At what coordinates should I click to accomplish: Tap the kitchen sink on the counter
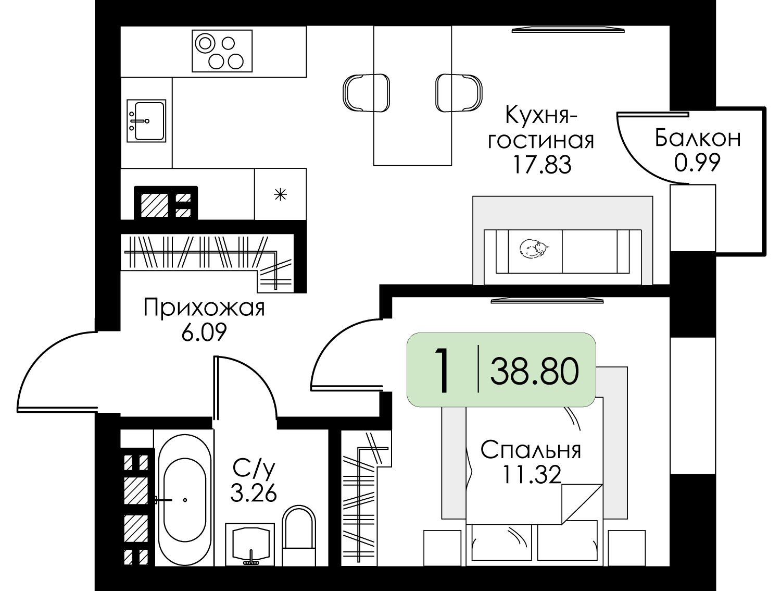(x=146, y=121)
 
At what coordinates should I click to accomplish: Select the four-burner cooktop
(x=222, y=51)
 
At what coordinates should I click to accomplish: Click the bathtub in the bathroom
(x=185, y=499)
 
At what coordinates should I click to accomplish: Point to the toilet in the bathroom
(x=299, y=535)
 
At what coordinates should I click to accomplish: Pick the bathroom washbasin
(x=250, y=544)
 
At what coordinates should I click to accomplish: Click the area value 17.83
(x=542, y=165)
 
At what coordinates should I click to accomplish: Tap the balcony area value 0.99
(x=697, y=163)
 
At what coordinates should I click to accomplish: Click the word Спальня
(x=531, y=450)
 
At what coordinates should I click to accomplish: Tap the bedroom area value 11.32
(x=531, y=475)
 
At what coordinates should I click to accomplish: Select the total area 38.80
(x=534, y=372)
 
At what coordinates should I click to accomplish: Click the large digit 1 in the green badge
(x=442, y=371)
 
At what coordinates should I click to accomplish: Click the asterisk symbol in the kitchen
(x=280, y=195)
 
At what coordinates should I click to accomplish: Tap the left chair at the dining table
(x=366, y=93)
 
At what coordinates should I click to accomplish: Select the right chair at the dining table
(x=459, y=93)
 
